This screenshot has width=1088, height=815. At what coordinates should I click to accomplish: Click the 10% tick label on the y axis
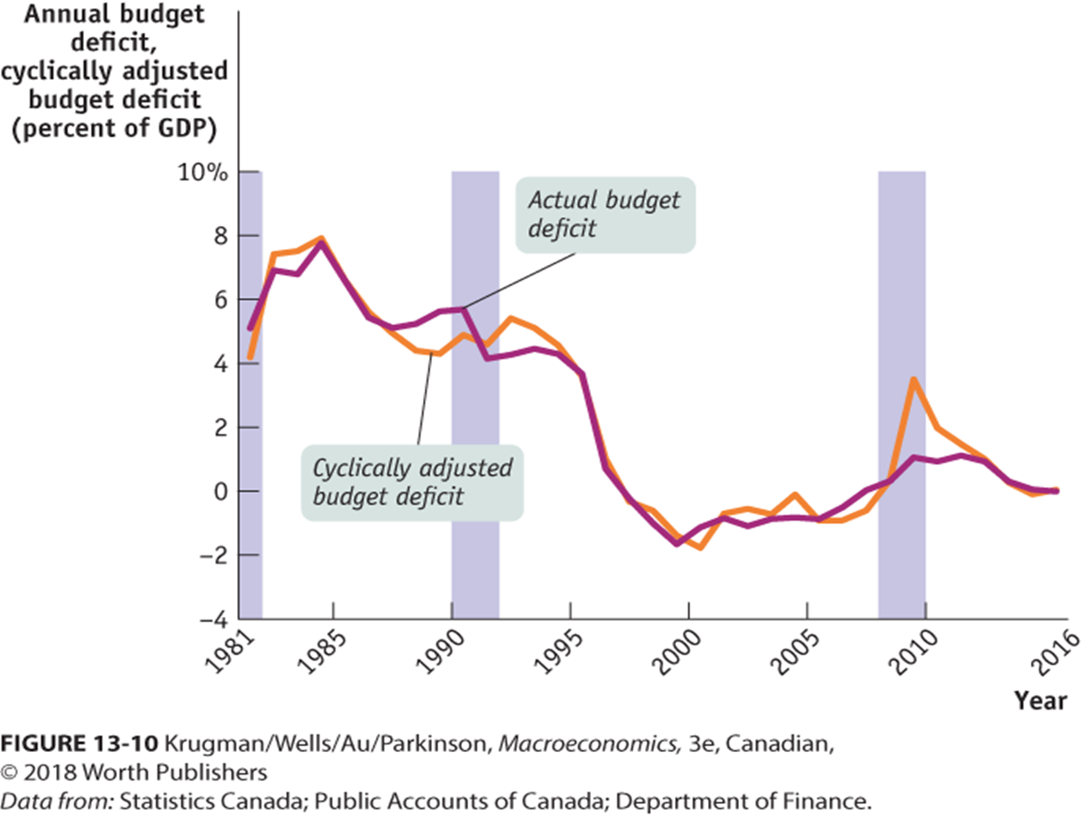coord(202,172)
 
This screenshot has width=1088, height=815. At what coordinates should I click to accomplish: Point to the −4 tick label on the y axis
coord(214,620)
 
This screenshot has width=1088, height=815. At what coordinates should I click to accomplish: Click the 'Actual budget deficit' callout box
coord(605,214)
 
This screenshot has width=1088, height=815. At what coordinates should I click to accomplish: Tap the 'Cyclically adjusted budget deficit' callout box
coord(412,482)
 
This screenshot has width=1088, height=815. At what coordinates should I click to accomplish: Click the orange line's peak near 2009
coord(913,379)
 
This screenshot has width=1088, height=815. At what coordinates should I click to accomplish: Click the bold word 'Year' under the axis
coord(1039,701)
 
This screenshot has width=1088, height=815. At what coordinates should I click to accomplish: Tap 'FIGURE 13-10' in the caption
coord(79,744)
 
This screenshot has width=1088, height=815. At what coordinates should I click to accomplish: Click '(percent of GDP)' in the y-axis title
coord(114,129)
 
